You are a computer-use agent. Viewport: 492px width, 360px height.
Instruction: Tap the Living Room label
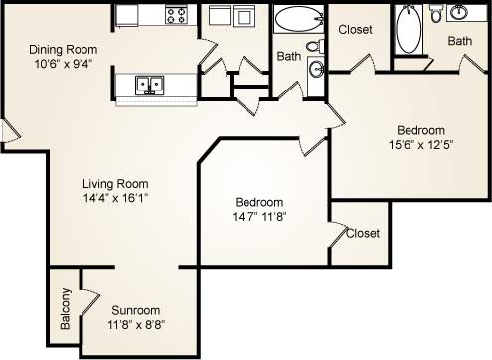click(x=115, y=183)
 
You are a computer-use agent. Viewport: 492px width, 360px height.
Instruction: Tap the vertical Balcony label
click(x=65, y=308)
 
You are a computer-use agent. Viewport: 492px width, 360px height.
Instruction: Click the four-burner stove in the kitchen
click(x=177, y=15)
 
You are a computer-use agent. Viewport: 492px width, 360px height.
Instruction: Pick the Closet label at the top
click(x=355, y=30)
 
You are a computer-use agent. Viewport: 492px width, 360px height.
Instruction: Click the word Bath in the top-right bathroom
click(x=459, y=41)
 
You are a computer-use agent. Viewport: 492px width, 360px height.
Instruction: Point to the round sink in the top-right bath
click(x=459, y=13)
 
